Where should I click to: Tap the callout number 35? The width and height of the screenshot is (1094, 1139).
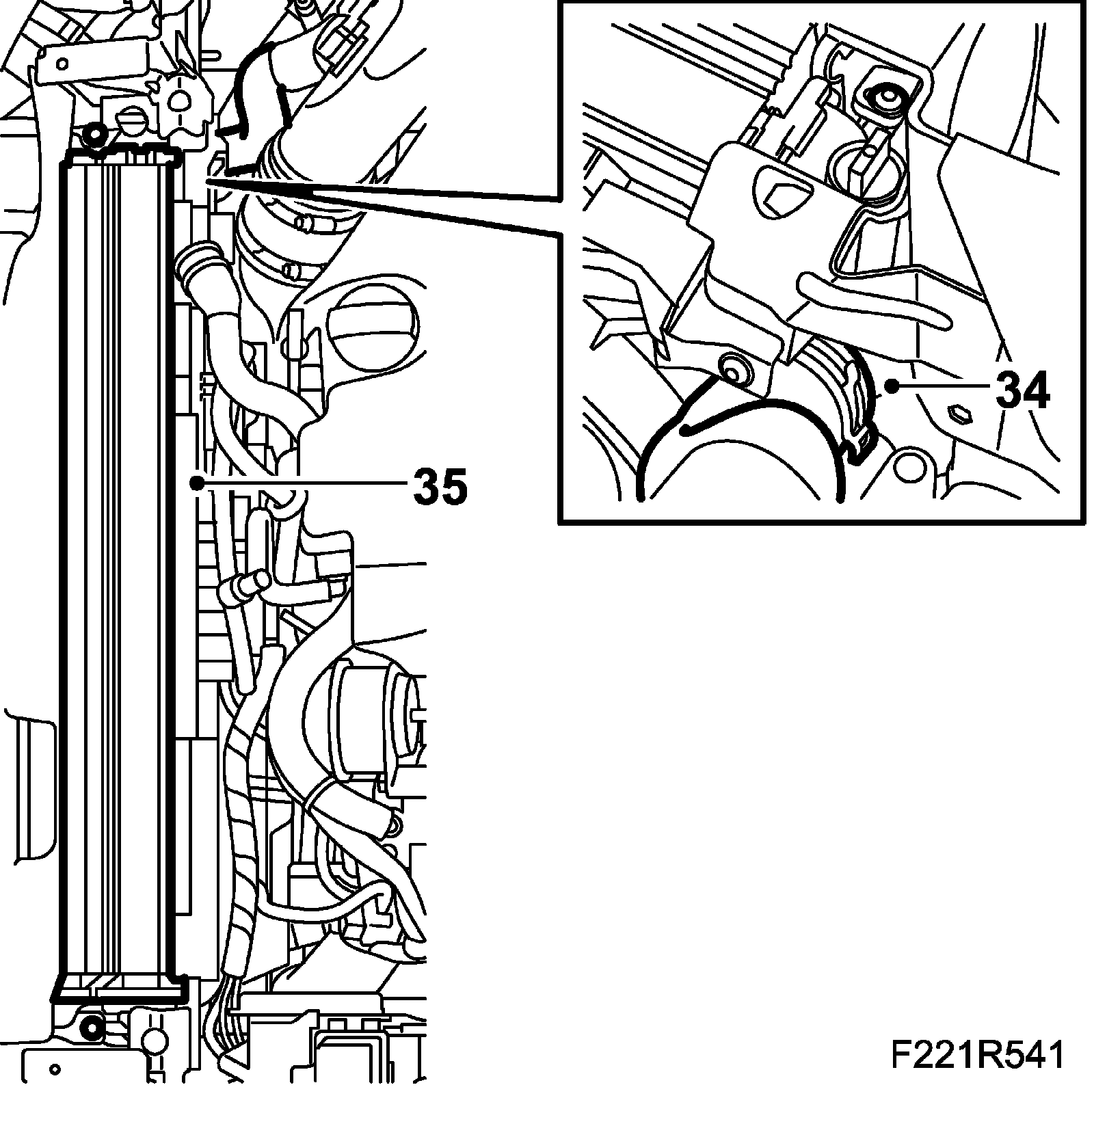(440, 486)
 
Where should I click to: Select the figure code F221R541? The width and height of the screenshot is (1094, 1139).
(977, 1074)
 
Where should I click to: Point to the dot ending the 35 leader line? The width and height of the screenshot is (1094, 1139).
(197, 483)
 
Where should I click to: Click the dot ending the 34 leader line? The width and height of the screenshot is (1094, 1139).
(892, 386)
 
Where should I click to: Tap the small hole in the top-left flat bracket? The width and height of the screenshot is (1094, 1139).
(62, 63)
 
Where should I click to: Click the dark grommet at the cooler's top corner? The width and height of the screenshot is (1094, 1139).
(93, 134)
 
